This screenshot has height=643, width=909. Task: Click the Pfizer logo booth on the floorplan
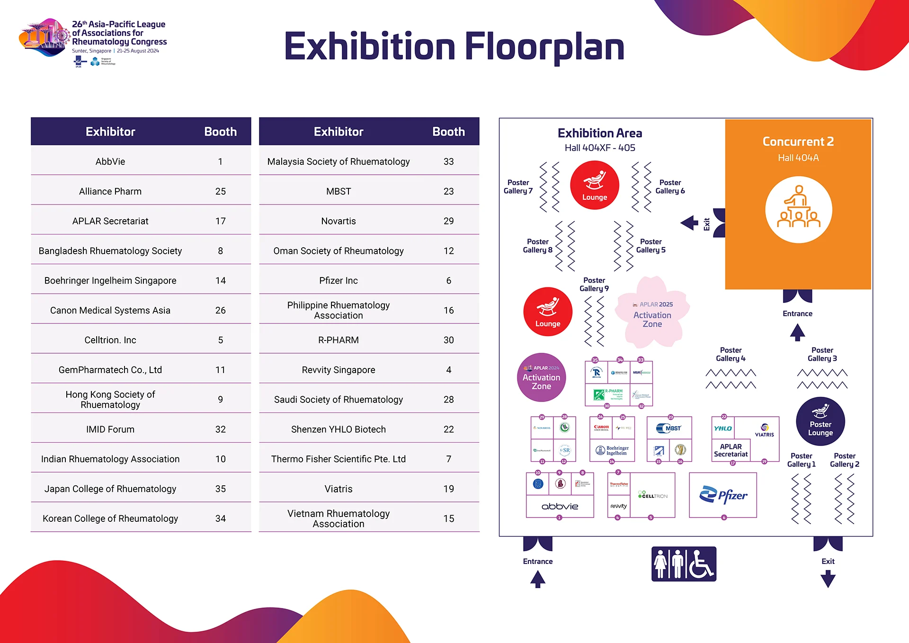coord(723,495)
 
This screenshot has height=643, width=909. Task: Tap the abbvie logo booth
coord(560,506)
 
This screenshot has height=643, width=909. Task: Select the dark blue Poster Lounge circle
coord(820,421)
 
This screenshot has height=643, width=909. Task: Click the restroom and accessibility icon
coord(684,564)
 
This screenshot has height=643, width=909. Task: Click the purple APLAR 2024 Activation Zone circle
coord(541,377)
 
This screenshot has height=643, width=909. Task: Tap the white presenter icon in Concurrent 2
coord(799,210)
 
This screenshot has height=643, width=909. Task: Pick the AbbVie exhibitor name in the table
coord(110,161)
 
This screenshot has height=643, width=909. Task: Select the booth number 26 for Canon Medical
coord(220,310)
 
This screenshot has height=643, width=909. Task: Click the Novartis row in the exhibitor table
coord(339,221)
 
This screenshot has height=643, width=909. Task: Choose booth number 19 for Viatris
coord(448,489)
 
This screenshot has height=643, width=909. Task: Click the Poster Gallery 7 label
coord(518,187)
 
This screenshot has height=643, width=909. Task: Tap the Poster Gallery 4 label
coord(731,354)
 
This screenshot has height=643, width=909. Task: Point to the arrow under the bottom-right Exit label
coord(828,579)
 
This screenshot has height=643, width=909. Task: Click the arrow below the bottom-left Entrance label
coord(537,579)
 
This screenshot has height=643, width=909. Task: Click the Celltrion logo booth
coord(653,495)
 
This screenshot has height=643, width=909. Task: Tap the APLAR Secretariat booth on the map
coord(731,450)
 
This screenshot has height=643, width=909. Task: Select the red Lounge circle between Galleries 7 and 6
coord(595,185)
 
